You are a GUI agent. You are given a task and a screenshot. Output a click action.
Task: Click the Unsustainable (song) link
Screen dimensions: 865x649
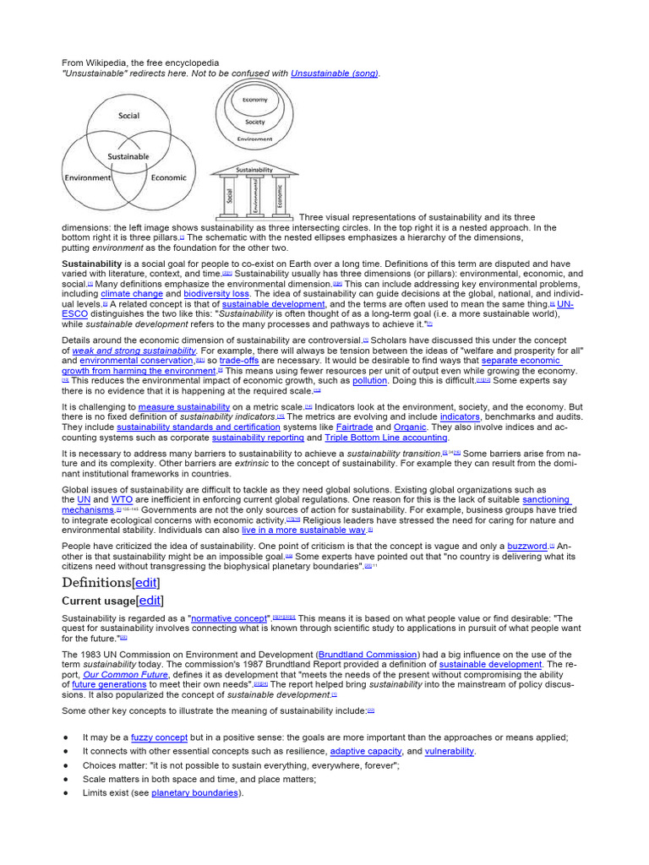335,73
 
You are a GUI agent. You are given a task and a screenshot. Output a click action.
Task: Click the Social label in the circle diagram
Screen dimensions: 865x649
128,116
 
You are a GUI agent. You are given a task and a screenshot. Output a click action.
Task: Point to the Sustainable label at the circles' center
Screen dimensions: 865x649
128,156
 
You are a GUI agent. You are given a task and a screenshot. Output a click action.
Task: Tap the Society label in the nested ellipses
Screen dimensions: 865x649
254,122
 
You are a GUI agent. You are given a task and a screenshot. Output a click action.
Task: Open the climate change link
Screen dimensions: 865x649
132,294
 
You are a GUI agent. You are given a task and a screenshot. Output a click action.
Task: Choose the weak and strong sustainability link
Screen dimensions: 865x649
134,351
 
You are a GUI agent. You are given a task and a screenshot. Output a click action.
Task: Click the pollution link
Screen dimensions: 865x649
369,381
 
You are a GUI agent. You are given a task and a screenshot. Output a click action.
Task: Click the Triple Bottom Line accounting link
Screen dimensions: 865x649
386,438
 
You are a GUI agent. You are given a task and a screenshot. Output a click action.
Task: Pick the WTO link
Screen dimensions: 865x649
123,500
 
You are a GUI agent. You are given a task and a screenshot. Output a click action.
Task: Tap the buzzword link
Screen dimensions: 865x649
527,547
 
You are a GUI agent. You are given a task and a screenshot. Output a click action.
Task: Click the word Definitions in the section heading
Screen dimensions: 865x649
96,583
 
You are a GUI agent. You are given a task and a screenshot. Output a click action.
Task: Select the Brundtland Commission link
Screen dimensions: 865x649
368,655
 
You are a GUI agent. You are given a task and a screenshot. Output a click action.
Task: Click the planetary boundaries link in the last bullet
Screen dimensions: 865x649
195,792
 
